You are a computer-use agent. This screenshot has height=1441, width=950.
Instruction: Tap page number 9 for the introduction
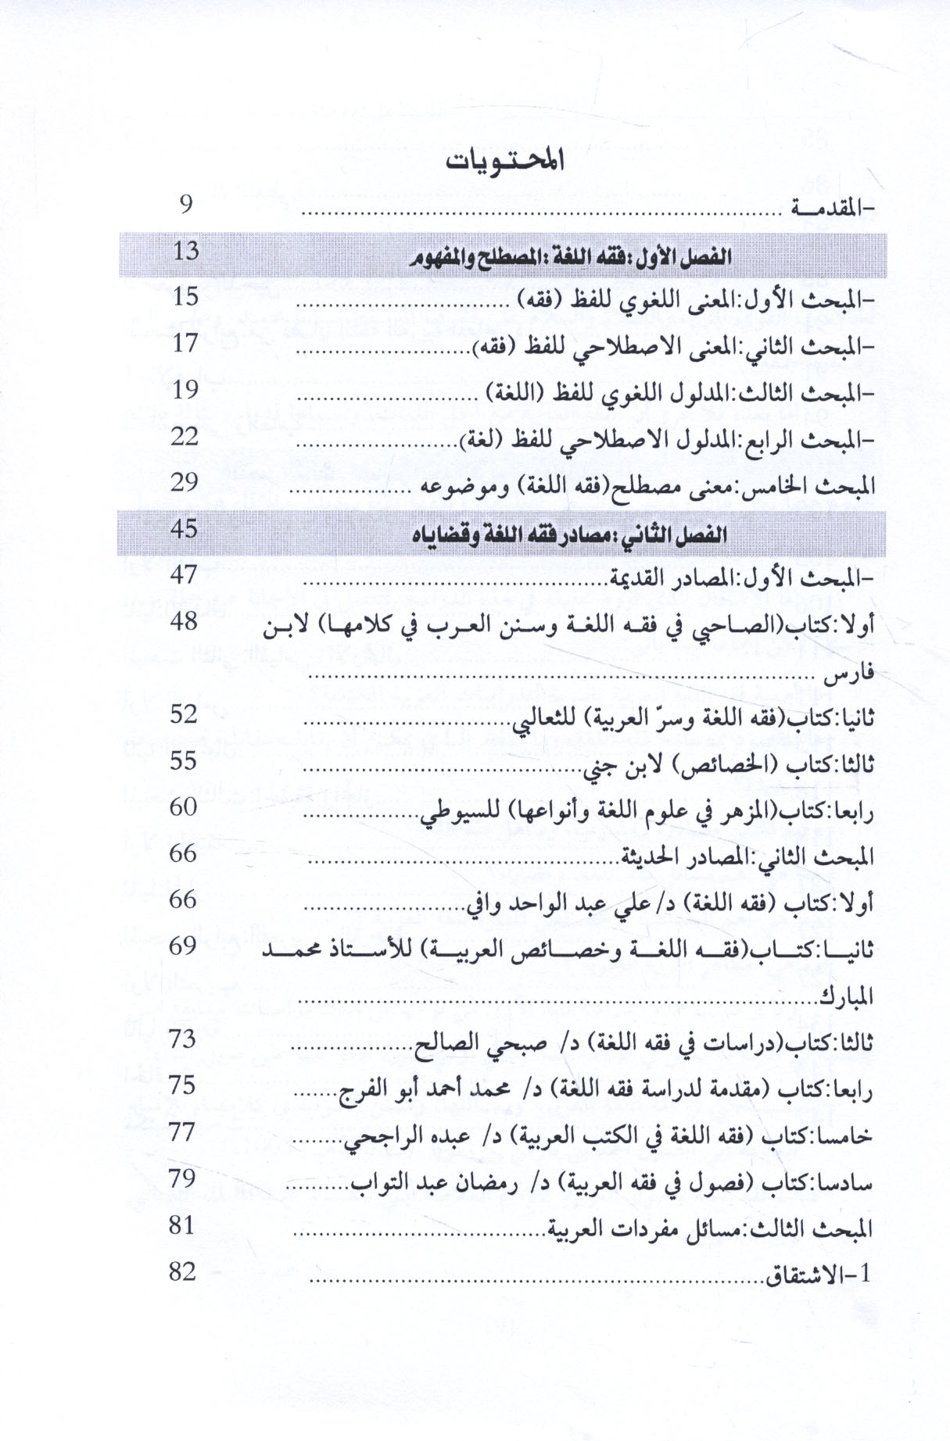[186, 205]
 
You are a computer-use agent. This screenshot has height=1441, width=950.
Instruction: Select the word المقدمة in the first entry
[824, 209]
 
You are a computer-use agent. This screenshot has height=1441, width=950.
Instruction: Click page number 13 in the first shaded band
[186, 252]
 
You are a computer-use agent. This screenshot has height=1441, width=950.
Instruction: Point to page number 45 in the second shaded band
[185, 529]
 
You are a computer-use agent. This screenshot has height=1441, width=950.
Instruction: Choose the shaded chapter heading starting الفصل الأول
[570, 256]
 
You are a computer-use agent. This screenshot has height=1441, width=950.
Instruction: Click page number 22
[185, 436]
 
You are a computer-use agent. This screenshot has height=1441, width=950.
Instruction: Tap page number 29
[185, 482]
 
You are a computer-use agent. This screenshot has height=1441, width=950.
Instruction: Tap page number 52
[184, 713]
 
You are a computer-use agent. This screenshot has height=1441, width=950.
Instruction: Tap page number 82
[183, 1271]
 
